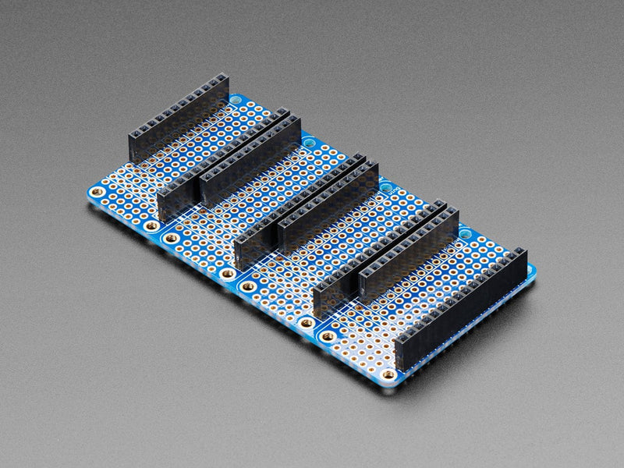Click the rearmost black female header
(178, 121)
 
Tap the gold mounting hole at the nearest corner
(388, 374)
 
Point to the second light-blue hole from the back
(311, 144)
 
